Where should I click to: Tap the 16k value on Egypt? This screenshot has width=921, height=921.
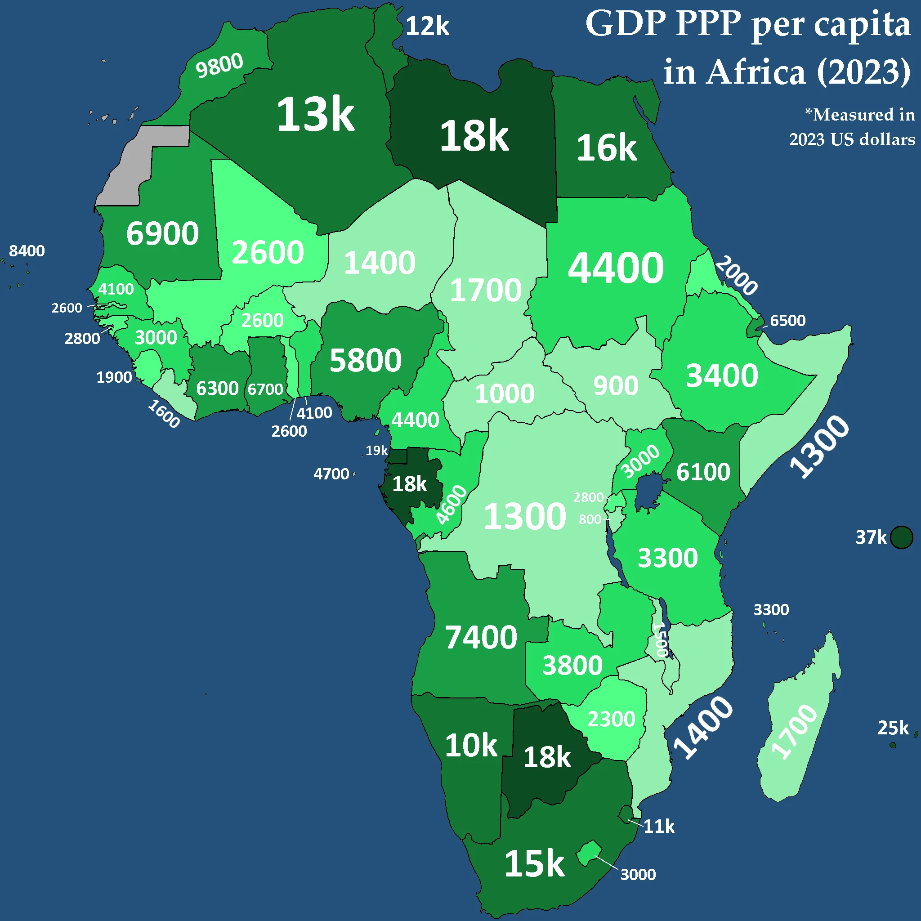click(x=606, y=148)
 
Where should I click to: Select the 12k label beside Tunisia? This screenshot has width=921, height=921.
click(x=427, y=26)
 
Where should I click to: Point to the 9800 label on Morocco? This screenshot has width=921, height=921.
click(x=219, y=65)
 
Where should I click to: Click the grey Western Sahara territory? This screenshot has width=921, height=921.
click(x=138, y=162)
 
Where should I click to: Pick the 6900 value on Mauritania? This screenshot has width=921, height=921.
click(x=162, y=233)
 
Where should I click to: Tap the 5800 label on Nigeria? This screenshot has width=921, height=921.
click(x=366, y=360)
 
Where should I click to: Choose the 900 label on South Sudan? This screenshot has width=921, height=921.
click(x=616, y=386)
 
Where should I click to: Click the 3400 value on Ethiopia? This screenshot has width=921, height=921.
click(x=722, y=376)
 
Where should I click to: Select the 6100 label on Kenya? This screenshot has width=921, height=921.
click(x=703, y=472)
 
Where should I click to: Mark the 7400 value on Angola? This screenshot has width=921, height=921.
click(x=481, y=637)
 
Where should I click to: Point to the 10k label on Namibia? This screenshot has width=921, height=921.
click(x=471, y=745)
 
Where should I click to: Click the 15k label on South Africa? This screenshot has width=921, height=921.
click(x=534, y=864)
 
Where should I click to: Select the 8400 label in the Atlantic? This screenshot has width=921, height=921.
click(x=27, y=251)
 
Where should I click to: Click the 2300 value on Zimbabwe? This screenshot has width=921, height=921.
click(x=611, y=719)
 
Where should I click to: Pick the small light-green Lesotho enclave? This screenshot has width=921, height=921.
click(x=590, y=853)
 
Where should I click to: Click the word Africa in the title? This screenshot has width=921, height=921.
click(x=756, y=72)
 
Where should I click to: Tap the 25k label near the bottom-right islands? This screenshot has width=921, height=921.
click(x=893, y=728)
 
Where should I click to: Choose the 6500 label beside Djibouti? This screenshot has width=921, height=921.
click(x=787, y=320)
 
